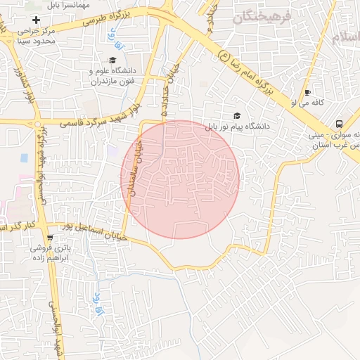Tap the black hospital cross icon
[36, 20]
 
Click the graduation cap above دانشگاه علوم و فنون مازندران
[112, 60]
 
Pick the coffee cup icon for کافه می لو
[307, 92]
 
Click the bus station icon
[340, 122]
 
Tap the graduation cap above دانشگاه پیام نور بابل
[237, 116]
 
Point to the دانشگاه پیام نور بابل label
[238, 127]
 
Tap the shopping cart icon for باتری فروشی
[49, 237]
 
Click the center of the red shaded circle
[181, 179]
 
